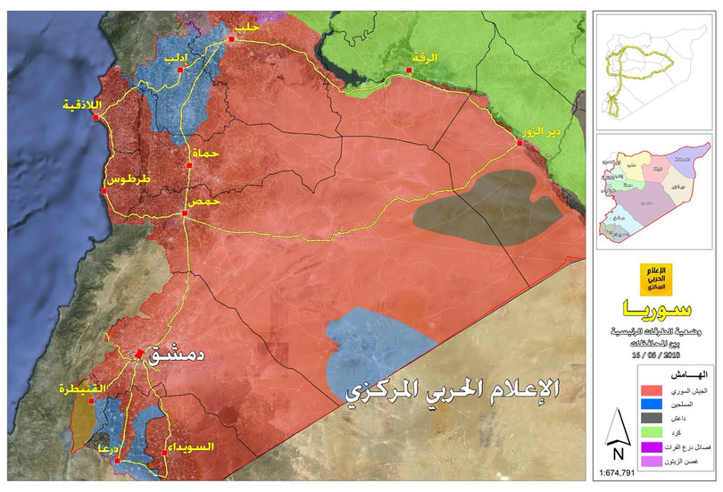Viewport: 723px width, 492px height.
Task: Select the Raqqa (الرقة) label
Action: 426,57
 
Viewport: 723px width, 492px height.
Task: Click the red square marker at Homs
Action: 185,214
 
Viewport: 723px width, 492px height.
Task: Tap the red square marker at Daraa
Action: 117,461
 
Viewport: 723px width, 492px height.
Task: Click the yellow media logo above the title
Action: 654,279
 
